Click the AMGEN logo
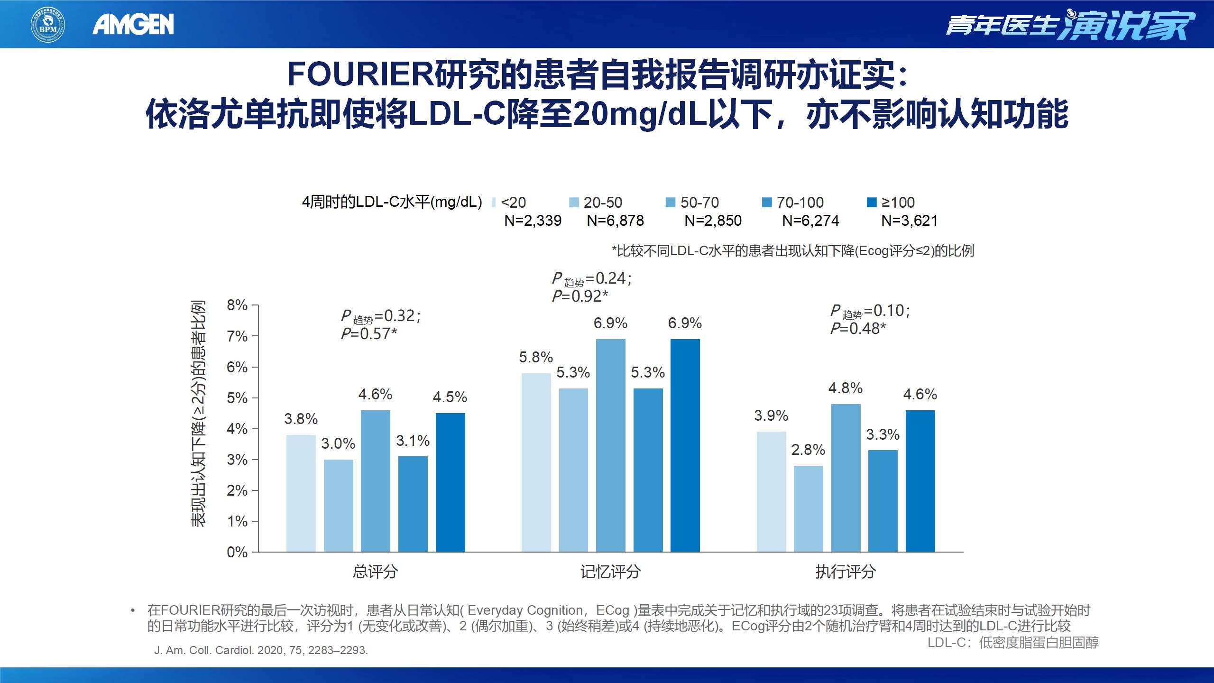pyautogui.click(x=133, y=25)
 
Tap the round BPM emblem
pyautogui.click(x=48, y=24)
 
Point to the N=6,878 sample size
pyautogui.click(x=615, y=221)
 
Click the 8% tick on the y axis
pyautogui.click(x=237, y=305)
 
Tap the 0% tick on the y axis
pyautogui.click(x=237, y=552)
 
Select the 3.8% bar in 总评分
pyautogui.click(x=301, y=493)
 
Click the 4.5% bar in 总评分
pyautogui.click(x=450, y=482)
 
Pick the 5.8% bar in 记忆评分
pyautogui.click(x=536, y=462)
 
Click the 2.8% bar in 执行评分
pyautogui.click(x=809, y=508)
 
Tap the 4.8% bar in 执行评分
pyautogui.click(x=846, y=478)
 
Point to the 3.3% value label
pyautogui.click(x=883, y=434)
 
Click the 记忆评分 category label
pyautogui.click(x=610, y=572)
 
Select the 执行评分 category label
pyautogui.click(x=846, y=572)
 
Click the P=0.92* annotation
pyautogui.click(x=579, y=296)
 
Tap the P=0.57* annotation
pyautogui.click(x=368, y=334)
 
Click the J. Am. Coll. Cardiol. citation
pyautogui.click(x=261, y=650)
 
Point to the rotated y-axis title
pyautogui.click(x=199, y=413)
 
